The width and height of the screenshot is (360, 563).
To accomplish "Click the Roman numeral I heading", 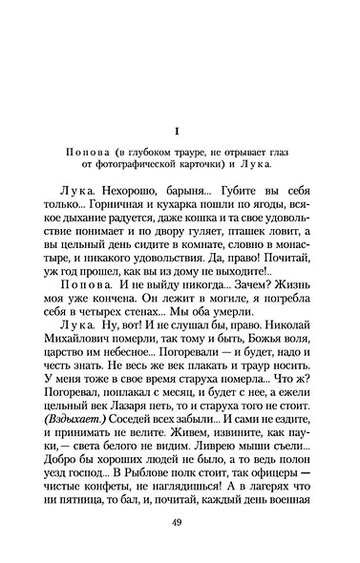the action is pos(179,130).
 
